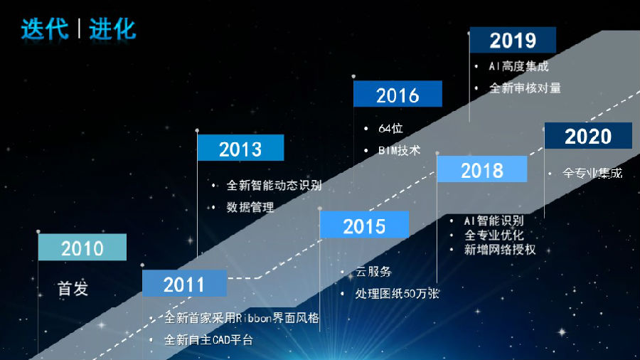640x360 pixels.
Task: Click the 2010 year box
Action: [82, 247]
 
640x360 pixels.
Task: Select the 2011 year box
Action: [184, 283]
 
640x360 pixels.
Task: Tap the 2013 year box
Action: [240, 147]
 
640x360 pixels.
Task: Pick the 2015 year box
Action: [364, 225]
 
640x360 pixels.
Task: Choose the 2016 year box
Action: [398, 93]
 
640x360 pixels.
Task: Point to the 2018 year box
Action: [481, 169]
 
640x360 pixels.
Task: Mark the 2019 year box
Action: [513, 40]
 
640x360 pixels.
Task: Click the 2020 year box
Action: [588, 135]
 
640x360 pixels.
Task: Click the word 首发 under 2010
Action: [73, 289]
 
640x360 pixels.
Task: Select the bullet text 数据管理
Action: [250, 207]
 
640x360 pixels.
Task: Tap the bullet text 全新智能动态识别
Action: [274, 185]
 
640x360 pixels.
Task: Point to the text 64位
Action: [390, 129]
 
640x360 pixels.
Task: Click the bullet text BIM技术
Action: [399, 151]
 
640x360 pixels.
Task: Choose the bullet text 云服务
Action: [373, 272]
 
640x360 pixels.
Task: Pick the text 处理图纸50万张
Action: [397, 293]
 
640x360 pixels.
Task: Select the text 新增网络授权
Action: [500, 250]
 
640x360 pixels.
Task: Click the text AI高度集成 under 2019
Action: [519, 66]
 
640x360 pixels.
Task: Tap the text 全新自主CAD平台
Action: [208, 339]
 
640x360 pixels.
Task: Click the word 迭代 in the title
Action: [45, 29]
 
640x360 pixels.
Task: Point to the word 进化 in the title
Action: [112, 29]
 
